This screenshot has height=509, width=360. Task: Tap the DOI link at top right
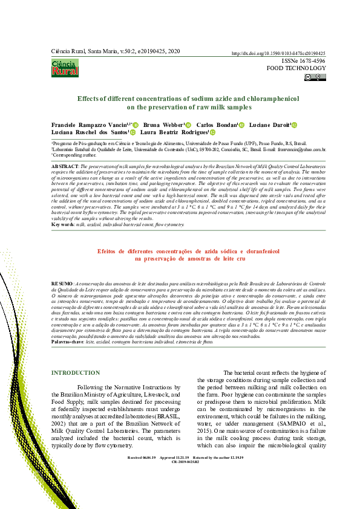click(x=279, y=53)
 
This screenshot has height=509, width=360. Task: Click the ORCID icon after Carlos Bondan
click(x=241, y=126)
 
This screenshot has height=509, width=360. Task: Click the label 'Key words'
click(x=63, y=224)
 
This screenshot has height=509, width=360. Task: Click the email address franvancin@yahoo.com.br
click(x=304, y=149)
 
